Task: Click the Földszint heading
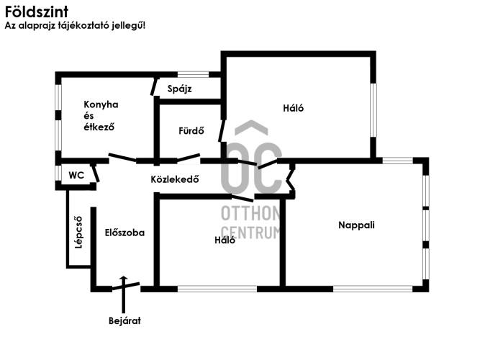click(x=37, y=12)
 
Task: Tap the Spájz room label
click(x=180, y=89)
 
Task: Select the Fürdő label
click(x=191, y=130)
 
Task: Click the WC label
click(x=76, y=175)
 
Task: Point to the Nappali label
click(x=356, y=225)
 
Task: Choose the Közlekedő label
click(x=175, y=179)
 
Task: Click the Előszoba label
click(x=124, y=233)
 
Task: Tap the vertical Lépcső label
click(x=78, y=233)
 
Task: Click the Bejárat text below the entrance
click(x=124, y=320)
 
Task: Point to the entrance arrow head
click(x=124, y=278)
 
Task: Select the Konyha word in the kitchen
click(x=101, y=104)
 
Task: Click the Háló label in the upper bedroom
click(x=293, y=108)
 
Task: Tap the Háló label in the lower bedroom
click(x=225, y=240)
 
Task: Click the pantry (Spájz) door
click(x=154, y=86)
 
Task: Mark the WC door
click(x=95, y=174)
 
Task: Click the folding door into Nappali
click(x=291, y=180)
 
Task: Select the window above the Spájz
click(x=193, y=74)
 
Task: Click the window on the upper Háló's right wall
click(x=373, y=110)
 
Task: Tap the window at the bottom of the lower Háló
click(x=217, y=289)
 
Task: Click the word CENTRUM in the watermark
click(x=250, y=233)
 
